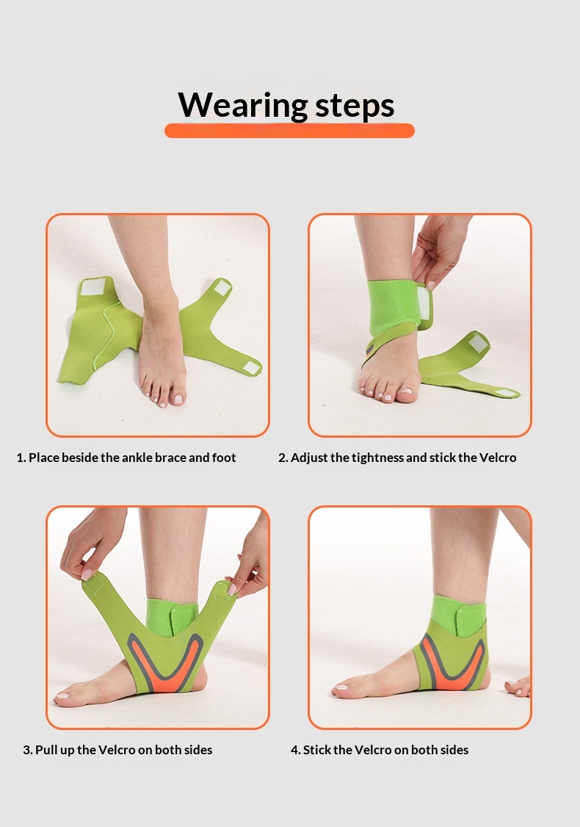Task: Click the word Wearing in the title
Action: click(243, 106)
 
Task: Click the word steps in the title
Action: click(355, 106)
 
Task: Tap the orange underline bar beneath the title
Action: click(289, 131)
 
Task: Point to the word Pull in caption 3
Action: click(46, 749)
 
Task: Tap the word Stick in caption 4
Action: click(317, 749)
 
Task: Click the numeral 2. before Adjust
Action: click(283, 458)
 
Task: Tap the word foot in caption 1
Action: click(224, 458)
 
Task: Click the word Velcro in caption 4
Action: click(373, 749)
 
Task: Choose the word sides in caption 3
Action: click(197, 749)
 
